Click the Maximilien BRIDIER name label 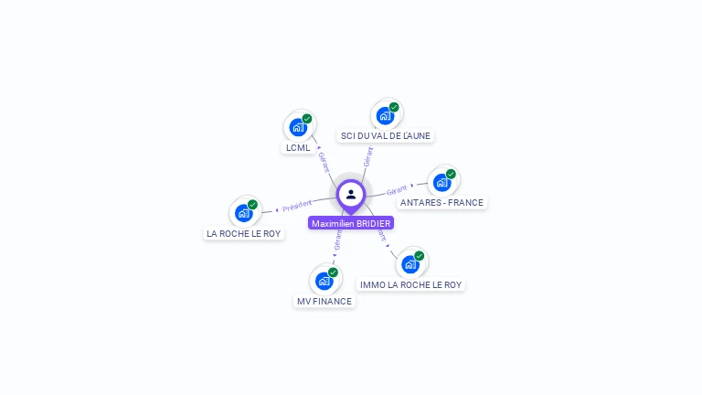[351, 223]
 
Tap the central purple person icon [351, 194]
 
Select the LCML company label [298, 147]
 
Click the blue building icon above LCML [297, 127]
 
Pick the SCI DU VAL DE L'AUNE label [385, 135]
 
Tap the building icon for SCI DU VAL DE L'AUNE [385, 115]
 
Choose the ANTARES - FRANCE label [441, 202]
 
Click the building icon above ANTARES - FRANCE [441, 182]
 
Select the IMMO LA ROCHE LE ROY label [410, 284]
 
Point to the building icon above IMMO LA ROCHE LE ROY [409, 264]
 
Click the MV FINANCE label [324, 301]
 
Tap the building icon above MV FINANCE [324, 281]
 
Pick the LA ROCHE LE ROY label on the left [244, 233]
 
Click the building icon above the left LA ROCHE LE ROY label [243, 213]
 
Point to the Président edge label [297, 206]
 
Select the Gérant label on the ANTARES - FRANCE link [397, 190]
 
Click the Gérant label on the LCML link [323, 161]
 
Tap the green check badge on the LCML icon [307, 119]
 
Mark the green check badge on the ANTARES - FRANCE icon [451, 174]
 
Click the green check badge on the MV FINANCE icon [333, 272]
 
